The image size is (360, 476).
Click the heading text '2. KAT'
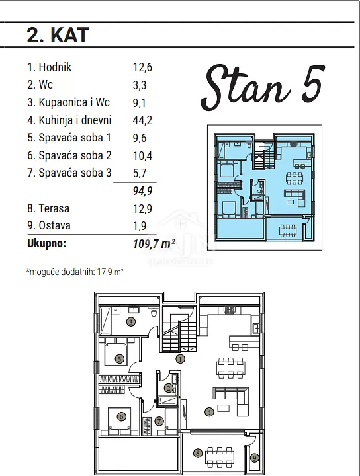click(58, 35)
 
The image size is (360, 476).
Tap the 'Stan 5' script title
click(262, 87)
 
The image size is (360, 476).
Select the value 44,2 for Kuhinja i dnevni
click(142, 120)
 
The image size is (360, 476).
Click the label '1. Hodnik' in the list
click(49, 67)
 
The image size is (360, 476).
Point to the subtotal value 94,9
click(142, 191)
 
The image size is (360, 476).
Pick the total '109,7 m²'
click(154, 243)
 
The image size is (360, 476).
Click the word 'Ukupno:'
click(46, 243)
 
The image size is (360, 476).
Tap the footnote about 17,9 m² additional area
click(75, 272)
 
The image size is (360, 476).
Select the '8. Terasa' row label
click(48, 208)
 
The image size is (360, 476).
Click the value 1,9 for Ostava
click(140, 226)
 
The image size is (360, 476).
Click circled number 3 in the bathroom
click(130, 322)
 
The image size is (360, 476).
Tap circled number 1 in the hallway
click(180, 359)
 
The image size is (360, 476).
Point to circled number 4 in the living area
click(209, 412)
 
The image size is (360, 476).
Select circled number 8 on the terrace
click(198, 454)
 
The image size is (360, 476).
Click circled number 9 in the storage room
click(255, 457)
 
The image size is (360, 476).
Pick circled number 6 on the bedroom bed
click(121, 416)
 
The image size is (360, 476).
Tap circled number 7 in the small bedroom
click(159, 421)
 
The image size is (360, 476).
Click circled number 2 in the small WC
click(168, 388)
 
